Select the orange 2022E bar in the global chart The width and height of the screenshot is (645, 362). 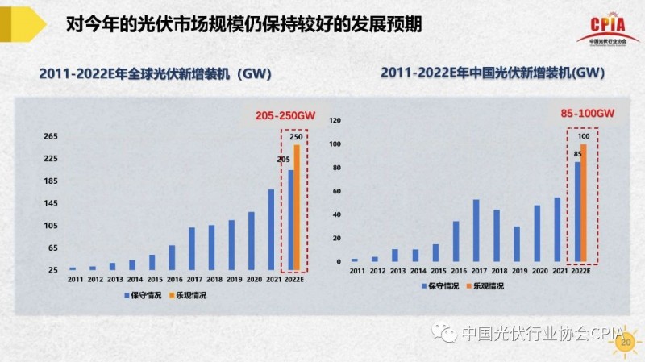pyautogui.click(x=296, y=207)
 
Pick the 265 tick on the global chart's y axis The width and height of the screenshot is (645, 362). pyautogui.click(x=51, y=136)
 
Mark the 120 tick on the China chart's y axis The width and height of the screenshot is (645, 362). pyautogui.click(x=336, y=121)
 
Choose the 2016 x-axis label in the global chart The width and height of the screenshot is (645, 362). pyautogui.click(x=174, y=279)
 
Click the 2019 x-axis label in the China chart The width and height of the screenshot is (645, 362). pyautogui.click(x=517, y=272)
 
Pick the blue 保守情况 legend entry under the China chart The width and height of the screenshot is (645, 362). pyautogui.click(x=443, y=286)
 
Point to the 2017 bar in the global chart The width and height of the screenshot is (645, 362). pyautogui.click(x=192, y=248)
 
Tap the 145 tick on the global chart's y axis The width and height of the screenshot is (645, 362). pyautogui.click(x=51, y=203)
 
